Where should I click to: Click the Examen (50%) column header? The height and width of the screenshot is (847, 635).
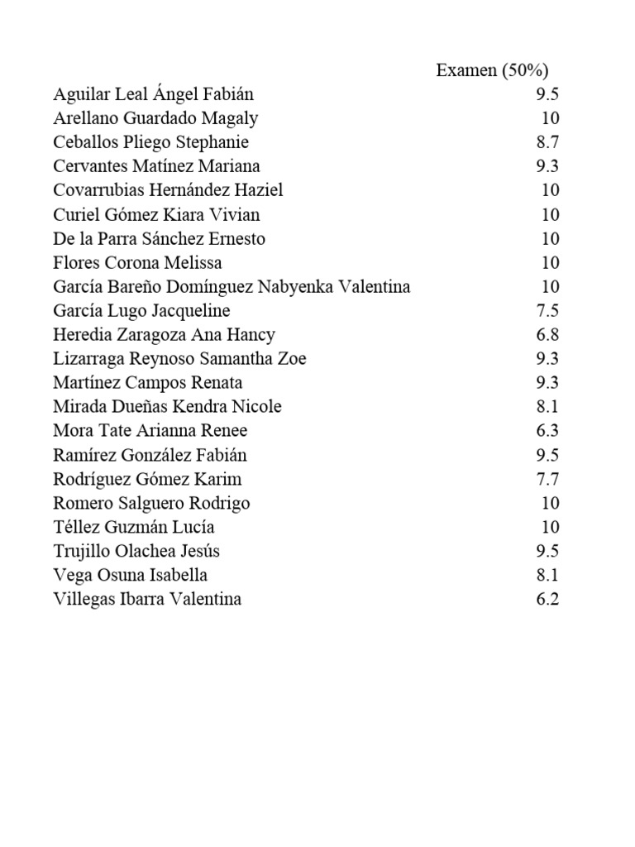coord(492,71)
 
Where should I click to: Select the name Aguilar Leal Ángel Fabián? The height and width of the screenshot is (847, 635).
coord(154,94)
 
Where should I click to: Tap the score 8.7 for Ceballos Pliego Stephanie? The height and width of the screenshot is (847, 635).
coord(547,142)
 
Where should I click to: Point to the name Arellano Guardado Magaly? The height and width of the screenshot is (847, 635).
coord(155,118)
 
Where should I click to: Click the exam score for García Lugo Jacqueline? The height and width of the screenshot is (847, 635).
coord(547,311)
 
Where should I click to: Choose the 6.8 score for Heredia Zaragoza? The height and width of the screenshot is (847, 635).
coord(547,335)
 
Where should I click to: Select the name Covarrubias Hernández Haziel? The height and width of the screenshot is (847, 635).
coord(168,190)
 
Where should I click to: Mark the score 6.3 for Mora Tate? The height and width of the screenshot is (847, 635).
coord(547,431)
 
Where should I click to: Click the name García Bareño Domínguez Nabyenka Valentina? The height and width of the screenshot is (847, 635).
coord(232,287)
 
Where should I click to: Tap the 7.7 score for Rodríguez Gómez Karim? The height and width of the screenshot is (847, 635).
coord(547,479)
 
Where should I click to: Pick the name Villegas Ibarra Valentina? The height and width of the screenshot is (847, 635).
coord(147,599)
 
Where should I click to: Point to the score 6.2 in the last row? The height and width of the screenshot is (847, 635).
coord(547,599)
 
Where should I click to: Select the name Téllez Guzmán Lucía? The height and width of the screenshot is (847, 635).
coord(134,527)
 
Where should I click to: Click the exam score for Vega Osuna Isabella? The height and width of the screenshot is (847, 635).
coord(547,575)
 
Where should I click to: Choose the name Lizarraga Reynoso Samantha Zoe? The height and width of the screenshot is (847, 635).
coord(179,359)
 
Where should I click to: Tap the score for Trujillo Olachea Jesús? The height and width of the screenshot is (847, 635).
coord(547,551)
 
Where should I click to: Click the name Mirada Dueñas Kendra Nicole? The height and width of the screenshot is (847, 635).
coord(167,407)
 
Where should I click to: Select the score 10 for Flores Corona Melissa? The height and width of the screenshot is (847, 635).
coord(550,263)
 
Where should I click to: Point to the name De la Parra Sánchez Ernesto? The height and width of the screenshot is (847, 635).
coord(159,239)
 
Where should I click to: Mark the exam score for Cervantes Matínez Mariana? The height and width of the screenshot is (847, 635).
coord(547,166)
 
